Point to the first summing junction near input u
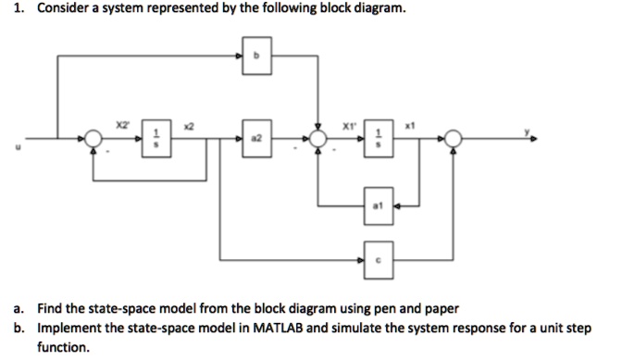click(92, 139)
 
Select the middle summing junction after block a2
click(318, 139)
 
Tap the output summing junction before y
click(453, 139)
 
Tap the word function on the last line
click(63, 348)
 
